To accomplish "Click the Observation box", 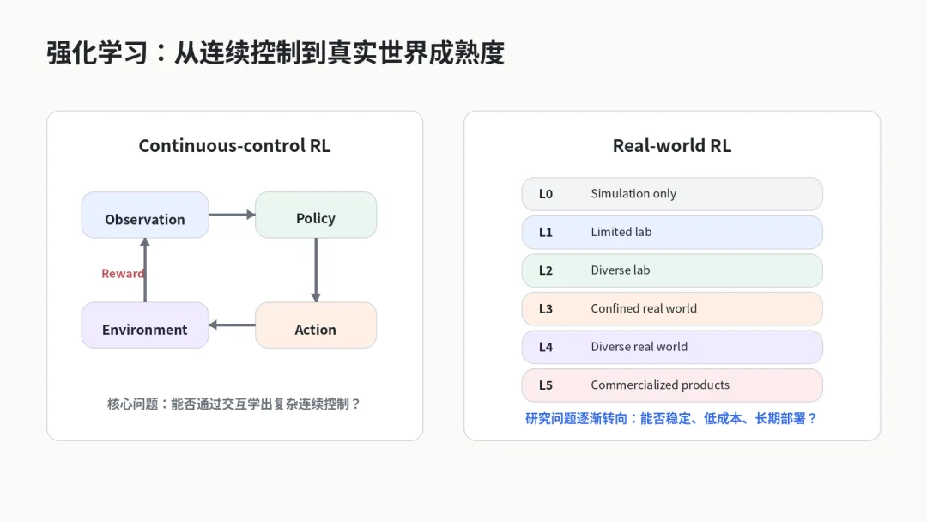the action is point(145,215).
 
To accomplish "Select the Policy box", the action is point(316,215).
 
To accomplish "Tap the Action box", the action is point(316,325).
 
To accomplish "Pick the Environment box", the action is point(145,325).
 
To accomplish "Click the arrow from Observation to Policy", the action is point(232,215).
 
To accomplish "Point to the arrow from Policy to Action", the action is point(316,270).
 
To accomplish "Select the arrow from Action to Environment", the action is point(232,325).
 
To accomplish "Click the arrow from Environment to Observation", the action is point(145,270).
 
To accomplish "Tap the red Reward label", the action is point(123,274).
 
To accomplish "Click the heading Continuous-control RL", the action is point(234,145).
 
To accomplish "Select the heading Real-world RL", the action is point(671,145).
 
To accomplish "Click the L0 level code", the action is point(545,194).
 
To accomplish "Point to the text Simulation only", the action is point(633,194).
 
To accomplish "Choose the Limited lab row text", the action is point(621,232).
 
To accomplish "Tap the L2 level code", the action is point(545,270).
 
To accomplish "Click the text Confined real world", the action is point(644,308).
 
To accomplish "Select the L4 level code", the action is point(545,347).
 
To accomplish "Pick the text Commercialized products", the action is point(660,385).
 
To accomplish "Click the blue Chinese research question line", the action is point(671,419).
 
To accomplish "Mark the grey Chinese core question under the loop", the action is point(233,404).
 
